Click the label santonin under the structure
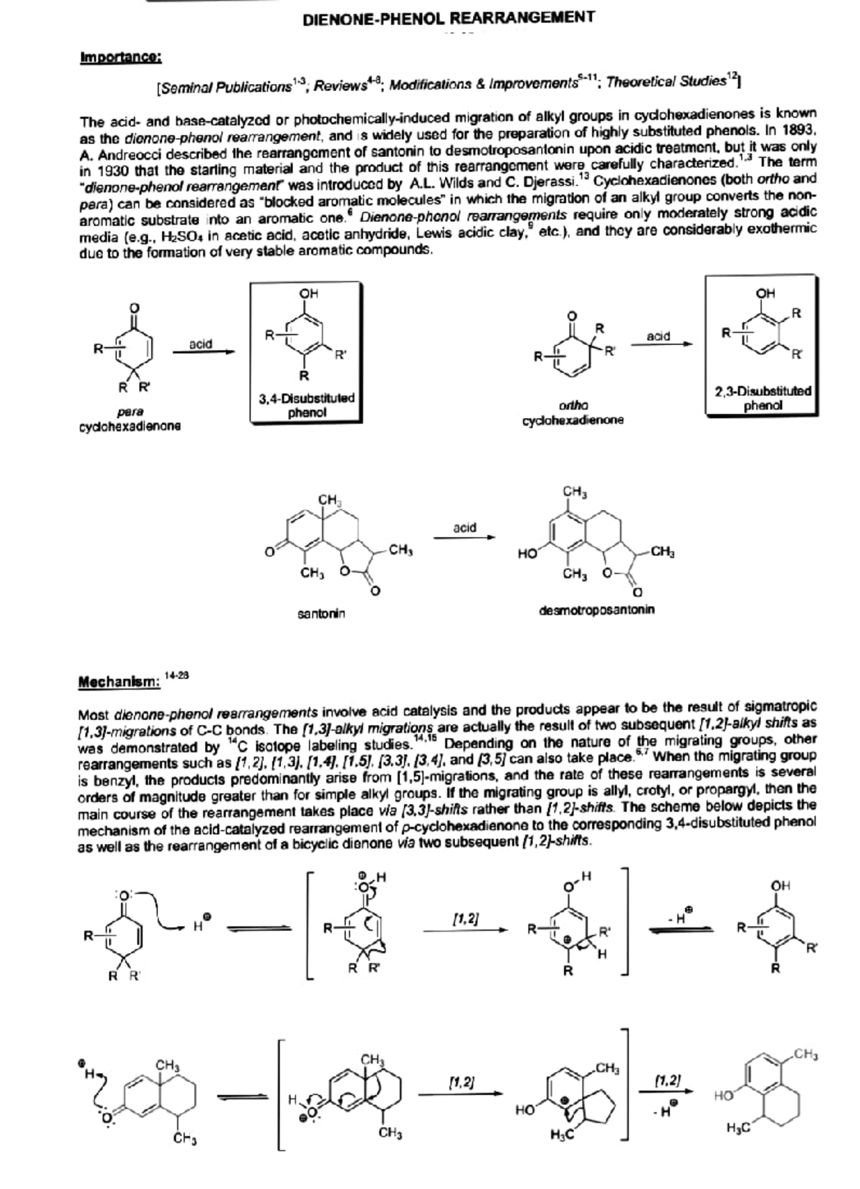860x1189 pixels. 321,614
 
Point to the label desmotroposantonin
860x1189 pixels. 596,610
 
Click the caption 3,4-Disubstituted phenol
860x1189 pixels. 306,405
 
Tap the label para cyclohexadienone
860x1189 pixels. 130,419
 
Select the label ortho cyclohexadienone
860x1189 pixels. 573,412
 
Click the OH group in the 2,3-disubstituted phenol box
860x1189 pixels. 765,293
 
